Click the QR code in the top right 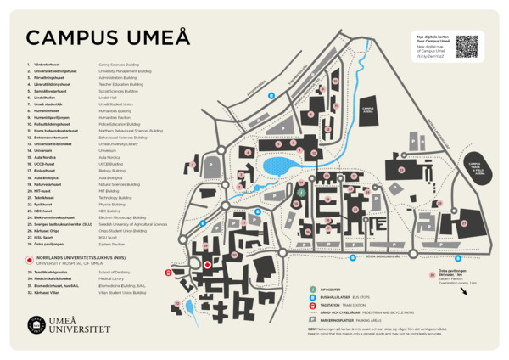point(466,47)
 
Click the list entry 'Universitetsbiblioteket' point(53,144)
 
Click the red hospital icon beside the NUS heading point(30,258)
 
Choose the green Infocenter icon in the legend point(312,290)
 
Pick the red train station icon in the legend point(312,305)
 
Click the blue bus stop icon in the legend point(312,297)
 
